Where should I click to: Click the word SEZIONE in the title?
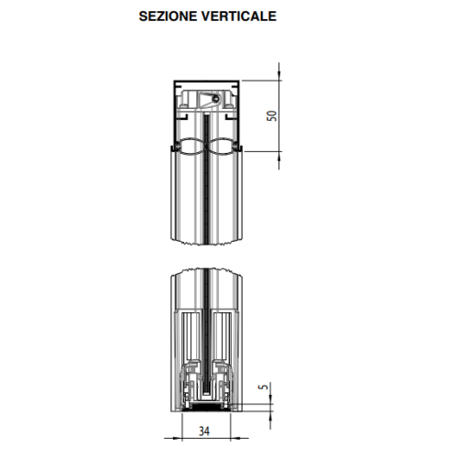click(x=168, y=16)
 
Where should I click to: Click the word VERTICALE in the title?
click(x=239, y=16)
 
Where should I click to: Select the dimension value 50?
click(x=272, y=115)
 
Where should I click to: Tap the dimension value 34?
click(x=204, y=431)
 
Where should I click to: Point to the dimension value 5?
click(x=263, y=387)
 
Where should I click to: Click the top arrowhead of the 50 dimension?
click(x=278, y=75)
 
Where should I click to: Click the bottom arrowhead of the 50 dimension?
click(x=278, y=156)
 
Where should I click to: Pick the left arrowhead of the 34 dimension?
click(x=177, y=439)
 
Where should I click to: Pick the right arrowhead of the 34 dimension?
click(x=235, y=439)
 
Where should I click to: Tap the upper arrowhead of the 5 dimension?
click(x=270, y=398)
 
